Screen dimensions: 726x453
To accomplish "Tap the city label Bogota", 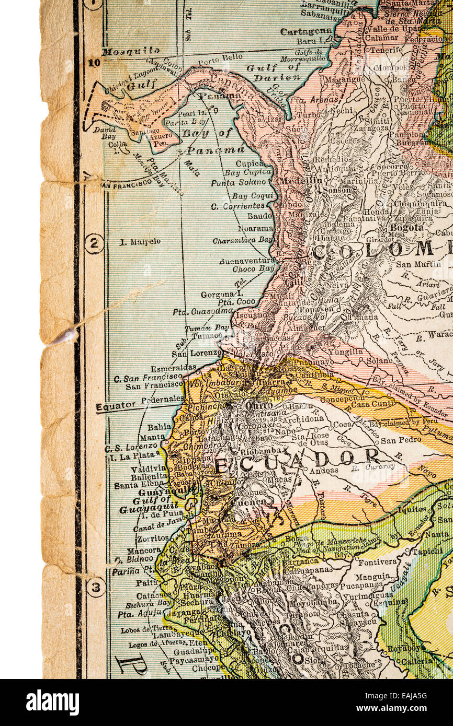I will (406, 228).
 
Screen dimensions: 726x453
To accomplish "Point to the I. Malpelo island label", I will (140, 242).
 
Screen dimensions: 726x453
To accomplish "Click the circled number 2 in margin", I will (94, 243).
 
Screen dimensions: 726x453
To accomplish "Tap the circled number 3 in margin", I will (96, 587).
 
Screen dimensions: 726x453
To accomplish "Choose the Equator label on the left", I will (115, 406).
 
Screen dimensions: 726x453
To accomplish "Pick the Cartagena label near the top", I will (305, 31).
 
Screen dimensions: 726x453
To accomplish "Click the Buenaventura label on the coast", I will (247, 260).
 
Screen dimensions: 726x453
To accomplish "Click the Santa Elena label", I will (133, 485).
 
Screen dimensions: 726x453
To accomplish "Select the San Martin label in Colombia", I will (420, 264).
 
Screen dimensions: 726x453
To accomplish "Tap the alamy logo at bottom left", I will (52, 702).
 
